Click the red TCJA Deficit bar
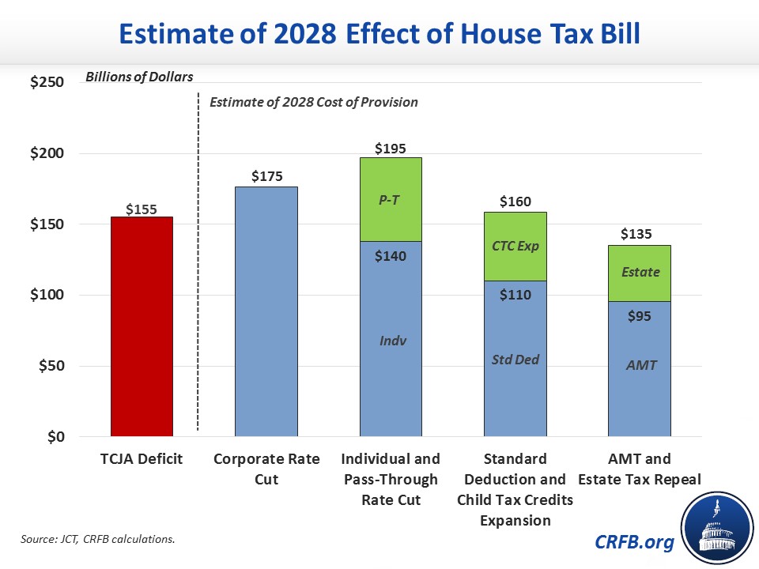(142, 326)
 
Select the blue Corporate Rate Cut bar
(266, 311)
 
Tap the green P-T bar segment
(391, 199)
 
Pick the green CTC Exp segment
(515, 246)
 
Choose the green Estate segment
(640, 273)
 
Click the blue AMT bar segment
(640, 368)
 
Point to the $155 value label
(142, 209)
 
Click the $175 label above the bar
(266, 176)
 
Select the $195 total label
(391, 148)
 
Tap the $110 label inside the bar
(515, 295)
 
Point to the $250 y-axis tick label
(47, 82)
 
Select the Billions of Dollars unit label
(139, 77)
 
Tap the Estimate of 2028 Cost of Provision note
(313, 102)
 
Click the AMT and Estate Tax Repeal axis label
(640, 469)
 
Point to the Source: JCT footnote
(96, 539)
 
